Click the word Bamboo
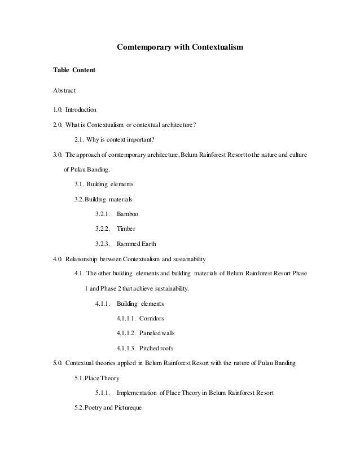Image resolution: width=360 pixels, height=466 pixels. point(127,214)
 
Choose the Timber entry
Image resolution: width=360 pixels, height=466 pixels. point(126,229)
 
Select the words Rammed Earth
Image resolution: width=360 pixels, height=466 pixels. point(136,244)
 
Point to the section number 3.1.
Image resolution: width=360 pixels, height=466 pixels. point(80,184)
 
